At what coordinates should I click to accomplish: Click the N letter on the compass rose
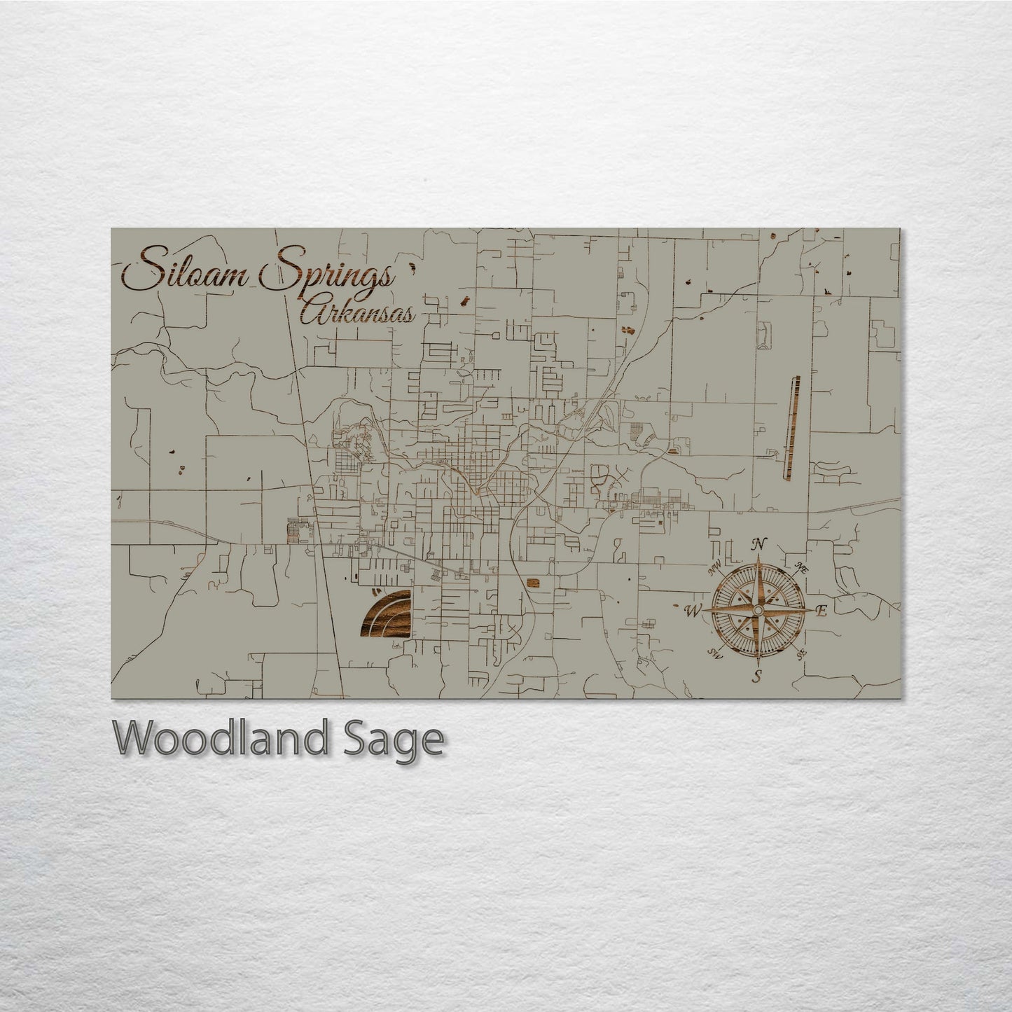pos(758,544)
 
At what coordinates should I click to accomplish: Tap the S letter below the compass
pos(756,677)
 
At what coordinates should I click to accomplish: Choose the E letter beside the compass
pos(822,611)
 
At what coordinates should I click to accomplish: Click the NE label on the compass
pos(803,568)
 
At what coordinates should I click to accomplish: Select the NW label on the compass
pos(714,569)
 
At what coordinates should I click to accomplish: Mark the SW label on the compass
pos(714,653)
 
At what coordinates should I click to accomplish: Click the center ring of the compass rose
pos(758,611)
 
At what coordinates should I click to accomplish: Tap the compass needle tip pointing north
pos(758,560)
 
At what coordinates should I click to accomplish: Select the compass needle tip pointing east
pos(812,611)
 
